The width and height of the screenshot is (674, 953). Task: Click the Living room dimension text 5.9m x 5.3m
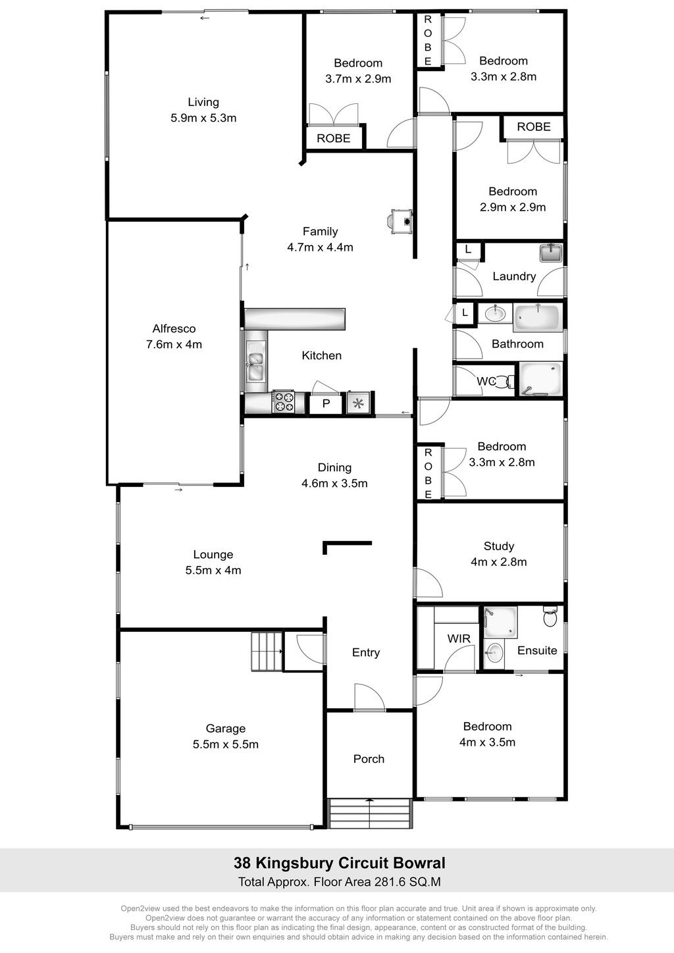point(203,118)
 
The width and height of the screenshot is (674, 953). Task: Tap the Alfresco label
point(174,328)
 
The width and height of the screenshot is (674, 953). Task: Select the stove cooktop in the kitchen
point(283,401)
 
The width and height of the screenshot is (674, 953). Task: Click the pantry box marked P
point(326,403)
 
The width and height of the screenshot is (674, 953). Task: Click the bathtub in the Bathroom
point(537,317)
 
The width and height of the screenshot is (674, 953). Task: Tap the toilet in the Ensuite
point(550,617)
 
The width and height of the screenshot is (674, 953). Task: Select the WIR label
point(459,638)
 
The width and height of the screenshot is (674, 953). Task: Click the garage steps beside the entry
point(267,652)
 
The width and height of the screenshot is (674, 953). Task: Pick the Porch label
point(369,759)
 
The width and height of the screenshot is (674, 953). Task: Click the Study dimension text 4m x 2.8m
point(499,562)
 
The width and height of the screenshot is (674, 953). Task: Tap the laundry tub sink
point(551,253)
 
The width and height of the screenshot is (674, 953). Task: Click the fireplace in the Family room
point(401,221)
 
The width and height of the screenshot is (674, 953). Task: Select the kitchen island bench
point(295,319)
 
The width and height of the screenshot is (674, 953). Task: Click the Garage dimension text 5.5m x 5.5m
point(226,744)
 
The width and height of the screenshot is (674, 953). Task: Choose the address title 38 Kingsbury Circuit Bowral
point(339,863)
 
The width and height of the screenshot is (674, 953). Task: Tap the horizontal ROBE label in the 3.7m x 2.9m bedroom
point(334,138)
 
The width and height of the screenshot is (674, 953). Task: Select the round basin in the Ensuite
point(494,652)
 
